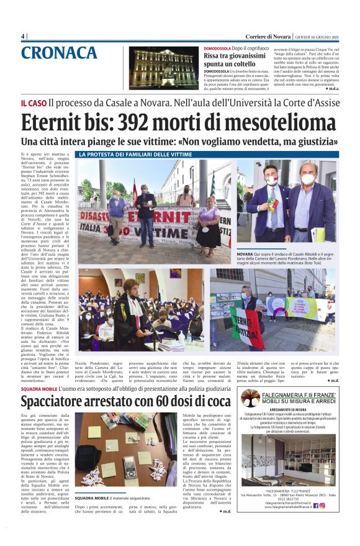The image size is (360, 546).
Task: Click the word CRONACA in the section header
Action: pyautogui.click(x=59, y=53)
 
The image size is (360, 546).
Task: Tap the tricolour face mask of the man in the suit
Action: pyautogui.click(x=272, y=180)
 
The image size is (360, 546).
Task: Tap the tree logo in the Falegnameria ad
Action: pyautogui.click(x=250, y=398)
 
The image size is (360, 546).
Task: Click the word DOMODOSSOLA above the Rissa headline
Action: pyautogui.click(x=221, y=48)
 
